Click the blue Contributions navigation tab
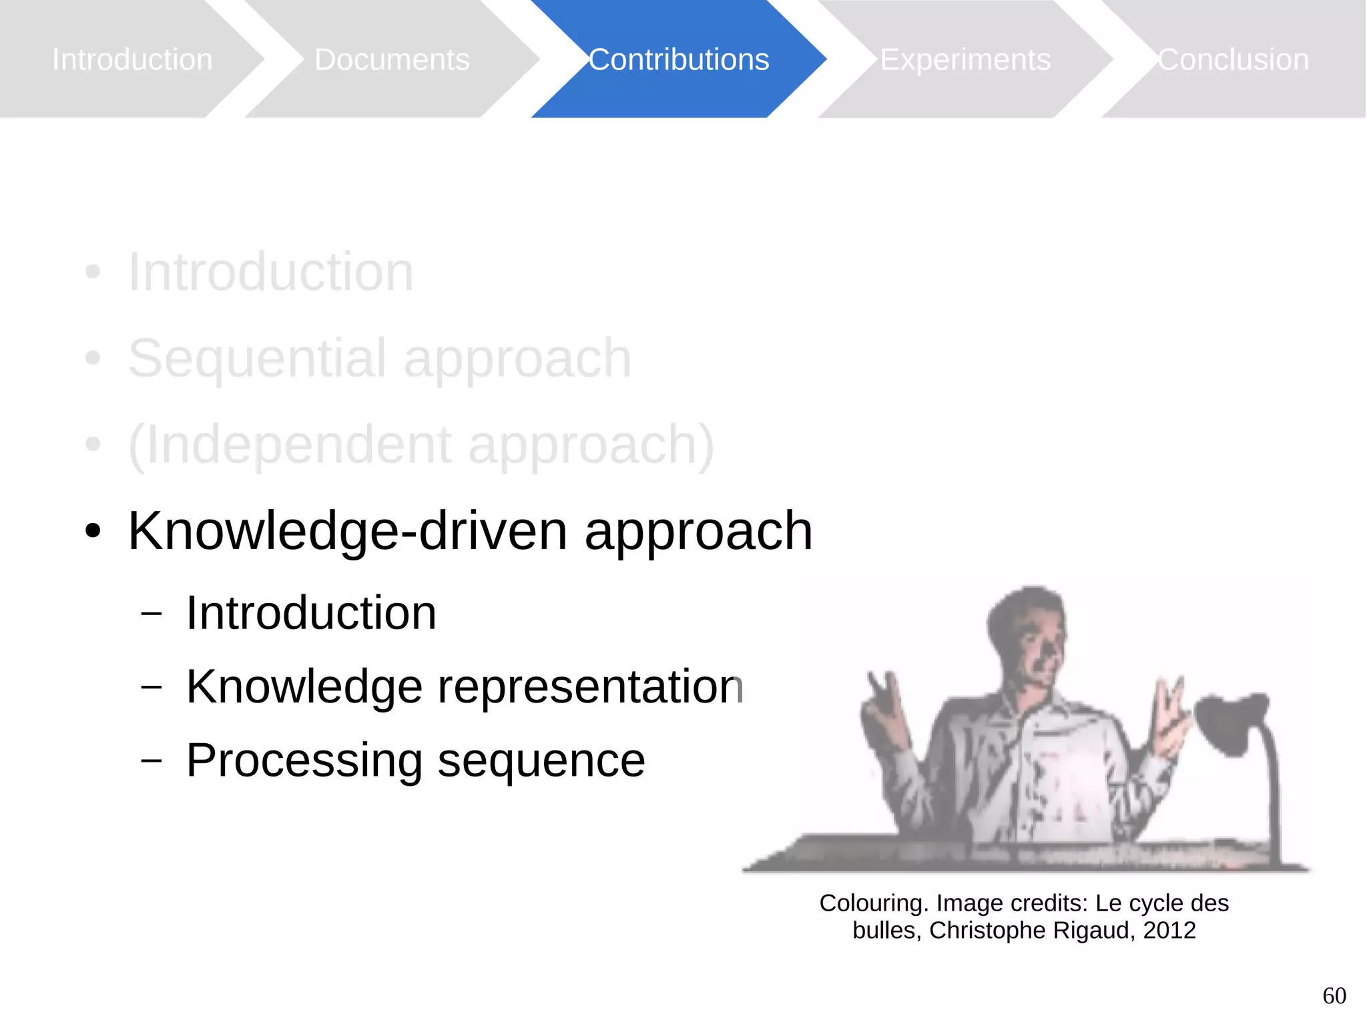[x=678, y=60]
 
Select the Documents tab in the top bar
[x=392, y=60]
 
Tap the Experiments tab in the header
[x=965, y=60]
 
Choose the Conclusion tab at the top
[x=1233, y=60]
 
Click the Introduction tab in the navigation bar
[x=132, y=60]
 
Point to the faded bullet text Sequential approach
[x=379, y=358]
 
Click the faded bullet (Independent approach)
[x=421, y=445]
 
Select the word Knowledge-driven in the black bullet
[x=347, y=531]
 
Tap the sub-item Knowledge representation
[x=464, y=686]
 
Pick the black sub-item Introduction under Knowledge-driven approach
[x=310, y=612]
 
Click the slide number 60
[x=1334, y=996]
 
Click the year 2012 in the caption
[x=1169, y=930]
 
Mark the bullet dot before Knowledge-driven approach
[x=93, y=532]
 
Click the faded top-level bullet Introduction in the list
[x=270, y=272]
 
